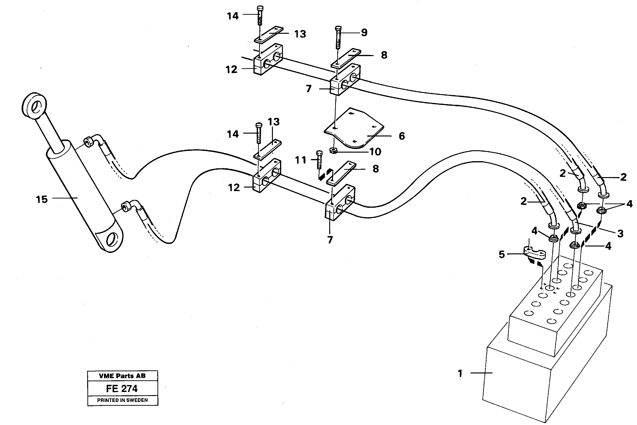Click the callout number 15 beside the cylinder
(42, 200)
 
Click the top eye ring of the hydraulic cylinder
(34, 106)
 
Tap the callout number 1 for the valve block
(460, 374)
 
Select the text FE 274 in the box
(122, 389)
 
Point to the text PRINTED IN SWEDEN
(122, 400)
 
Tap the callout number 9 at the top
(364, 33)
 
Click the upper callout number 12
(231, 70)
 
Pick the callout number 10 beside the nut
(375, 152)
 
